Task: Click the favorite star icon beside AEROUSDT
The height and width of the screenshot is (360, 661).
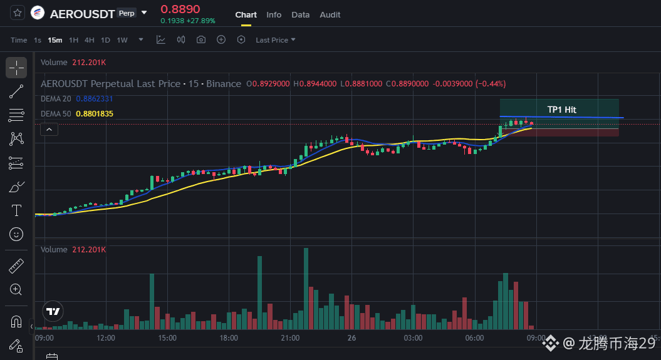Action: (18, 13)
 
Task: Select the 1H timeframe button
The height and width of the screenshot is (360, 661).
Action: (73, 40)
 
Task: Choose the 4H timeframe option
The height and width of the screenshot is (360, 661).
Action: (90, 40)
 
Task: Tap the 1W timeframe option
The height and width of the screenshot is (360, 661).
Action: (122, 40)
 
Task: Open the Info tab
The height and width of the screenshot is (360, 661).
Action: (274, 15)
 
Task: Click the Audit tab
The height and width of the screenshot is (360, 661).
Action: (330, 15)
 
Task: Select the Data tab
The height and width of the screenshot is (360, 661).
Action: (301, 15)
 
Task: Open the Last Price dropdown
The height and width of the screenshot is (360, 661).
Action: (275, 40)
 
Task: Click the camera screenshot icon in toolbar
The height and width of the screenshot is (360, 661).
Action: (201, 39)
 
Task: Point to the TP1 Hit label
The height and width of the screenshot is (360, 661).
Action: (561, 110)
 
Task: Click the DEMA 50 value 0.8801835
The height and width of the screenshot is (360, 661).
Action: (95, 114)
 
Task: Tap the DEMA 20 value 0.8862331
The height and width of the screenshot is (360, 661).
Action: (95, 98)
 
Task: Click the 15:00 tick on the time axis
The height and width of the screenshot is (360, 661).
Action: (167, 337)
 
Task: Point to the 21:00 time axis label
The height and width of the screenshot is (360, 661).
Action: (290, 337)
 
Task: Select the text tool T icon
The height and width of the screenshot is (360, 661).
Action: (16, 210)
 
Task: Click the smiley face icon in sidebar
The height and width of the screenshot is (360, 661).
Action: (16, 234)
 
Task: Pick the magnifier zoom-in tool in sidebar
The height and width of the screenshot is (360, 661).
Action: (16, 289)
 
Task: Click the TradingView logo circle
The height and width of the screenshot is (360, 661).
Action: (53, 311)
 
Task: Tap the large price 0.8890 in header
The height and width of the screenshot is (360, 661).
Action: (180, 9)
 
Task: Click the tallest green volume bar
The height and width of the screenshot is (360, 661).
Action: (306, 289)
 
